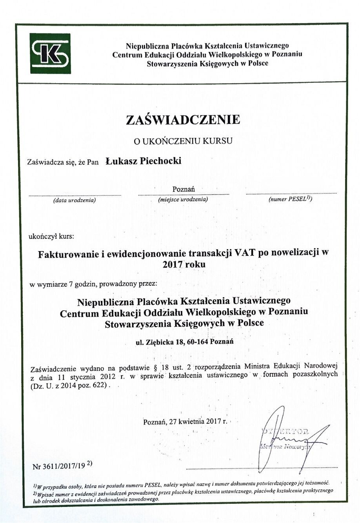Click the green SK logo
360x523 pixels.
(x=51, y=53)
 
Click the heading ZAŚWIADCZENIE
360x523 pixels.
(x=183, y=120)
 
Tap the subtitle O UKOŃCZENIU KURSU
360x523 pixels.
(x=183, y=141)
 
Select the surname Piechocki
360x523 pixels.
(x=161, y=161)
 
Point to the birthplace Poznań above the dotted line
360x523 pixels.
(x=184, y=189)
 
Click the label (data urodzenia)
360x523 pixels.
(x=75, y=200)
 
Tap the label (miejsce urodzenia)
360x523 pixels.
(x=183, y=200)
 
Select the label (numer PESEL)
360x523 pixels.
(x=290, y=199)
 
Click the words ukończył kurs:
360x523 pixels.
(x=51, y=236)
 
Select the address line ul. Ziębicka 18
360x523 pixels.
(x=184, y=342)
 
